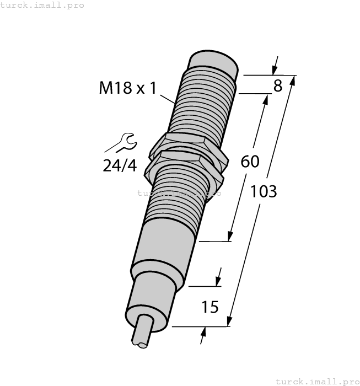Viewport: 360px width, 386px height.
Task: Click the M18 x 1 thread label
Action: point(128,88)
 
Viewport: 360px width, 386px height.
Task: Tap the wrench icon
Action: point(121,142)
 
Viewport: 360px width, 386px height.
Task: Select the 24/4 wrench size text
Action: point(119,165)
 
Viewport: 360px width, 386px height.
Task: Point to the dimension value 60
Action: point(250,162)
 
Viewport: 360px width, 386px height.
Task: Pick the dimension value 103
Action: point(264,191)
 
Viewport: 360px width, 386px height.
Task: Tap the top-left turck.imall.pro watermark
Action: point(42,5)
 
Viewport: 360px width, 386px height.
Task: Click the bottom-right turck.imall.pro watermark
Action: point(316,381)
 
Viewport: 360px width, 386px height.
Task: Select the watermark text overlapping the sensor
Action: point(179,193)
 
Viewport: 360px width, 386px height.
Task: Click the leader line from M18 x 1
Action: point(167,99)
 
